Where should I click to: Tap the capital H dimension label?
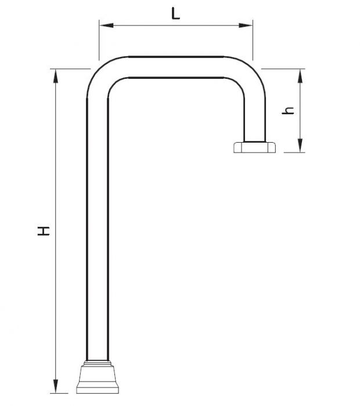click(x=43, y=231)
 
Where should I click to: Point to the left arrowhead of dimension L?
click(x=103, y=25)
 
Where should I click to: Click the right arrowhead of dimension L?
click(x=249, y=25)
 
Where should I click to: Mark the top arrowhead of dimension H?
click(x=56, y=74)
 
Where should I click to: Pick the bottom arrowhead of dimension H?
click(x=56, y=388)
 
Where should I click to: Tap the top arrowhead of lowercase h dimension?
click(x=300, y=74)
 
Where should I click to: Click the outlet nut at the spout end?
click(x=253, y=147)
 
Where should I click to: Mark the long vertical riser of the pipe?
click(x=96, y=232)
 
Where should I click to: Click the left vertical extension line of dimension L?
click(x=99, y=41)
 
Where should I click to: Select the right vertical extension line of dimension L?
click(x=253, y=41)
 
